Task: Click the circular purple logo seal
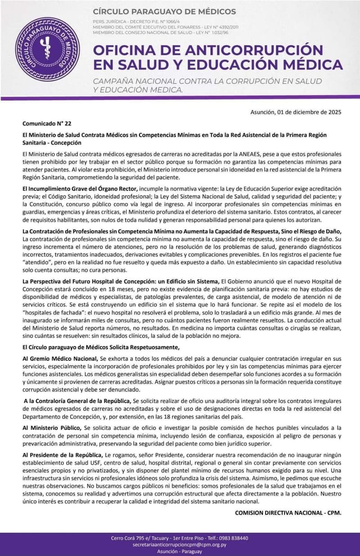pyautogui.click(x=48, y=49)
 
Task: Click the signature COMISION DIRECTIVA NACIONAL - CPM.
pyautogui.click(x=288, y=512)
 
